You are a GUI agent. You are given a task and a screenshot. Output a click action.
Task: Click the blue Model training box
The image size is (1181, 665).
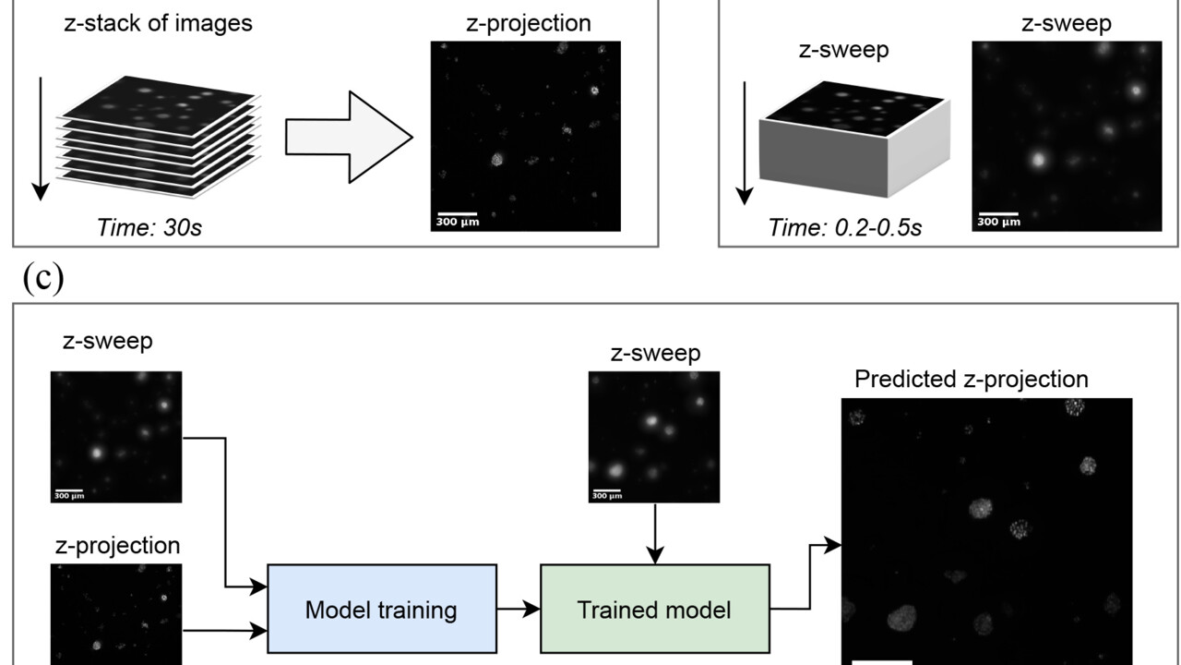pos(382,609)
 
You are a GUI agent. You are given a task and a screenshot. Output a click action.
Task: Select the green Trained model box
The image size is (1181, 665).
pos(654,609)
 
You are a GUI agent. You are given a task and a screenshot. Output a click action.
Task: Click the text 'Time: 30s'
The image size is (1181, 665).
pos(149,226)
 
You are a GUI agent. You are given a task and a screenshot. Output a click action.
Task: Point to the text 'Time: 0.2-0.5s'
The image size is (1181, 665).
pos(845,226)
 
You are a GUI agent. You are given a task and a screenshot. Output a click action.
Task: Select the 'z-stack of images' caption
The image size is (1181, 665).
pos(158,23)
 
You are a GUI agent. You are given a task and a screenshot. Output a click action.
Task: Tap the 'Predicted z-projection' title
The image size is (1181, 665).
pos(972,379)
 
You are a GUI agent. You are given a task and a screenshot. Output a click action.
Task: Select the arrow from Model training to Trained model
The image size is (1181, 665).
pos(518,609)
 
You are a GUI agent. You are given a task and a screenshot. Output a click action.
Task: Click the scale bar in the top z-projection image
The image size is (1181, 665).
pos(456,214)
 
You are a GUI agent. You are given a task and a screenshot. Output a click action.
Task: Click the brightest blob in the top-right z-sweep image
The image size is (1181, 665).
pos(1038,160)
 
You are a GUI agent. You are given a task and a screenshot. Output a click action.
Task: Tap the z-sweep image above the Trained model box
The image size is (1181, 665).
pos(654,437)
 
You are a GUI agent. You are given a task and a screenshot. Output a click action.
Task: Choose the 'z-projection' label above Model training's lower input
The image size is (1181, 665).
pos(115,545)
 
